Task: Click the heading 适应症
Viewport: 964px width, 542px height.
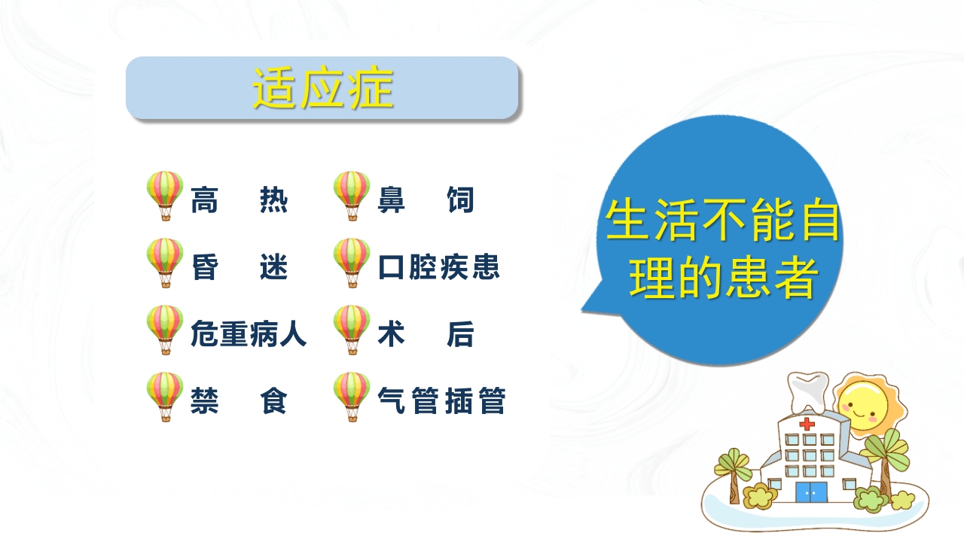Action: pyautogui.click(x=322, y=89)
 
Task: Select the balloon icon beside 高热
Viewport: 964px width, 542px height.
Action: pyautogui.click(x=165, y=195)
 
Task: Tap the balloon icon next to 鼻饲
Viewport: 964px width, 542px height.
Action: pyautogui.click(x=352, y=195)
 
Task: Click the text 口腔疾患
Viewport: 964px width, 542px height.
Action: pyautogui.click(x=439, y=268)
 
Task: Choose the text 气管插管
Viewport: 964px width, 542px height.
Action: pyautogui.click(x=441, y=401)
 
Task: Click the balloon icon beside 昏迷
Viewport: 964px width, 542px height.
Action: pyautogui.click(x=165, y=262)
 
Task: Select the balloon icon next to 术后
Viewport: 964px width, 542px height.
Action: pyautogui.click(x=352, y=329)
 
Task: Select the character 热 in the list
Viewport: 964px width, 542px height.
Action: pyautogui.click(x=274, y=202)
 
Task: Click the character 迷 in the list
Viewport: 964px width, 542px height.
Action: pyautogui.click(x=274, y=268)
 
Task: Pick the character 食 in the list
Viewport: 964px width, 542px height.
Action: pyautogui.click(x=274, y=401)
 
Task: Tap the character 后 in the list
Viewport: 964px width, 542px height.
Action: pyautogui.click(x=460, y=335)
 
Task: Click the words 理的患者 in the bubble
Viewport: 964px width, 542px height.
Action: pyautogui.click(x=723, y=279)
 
